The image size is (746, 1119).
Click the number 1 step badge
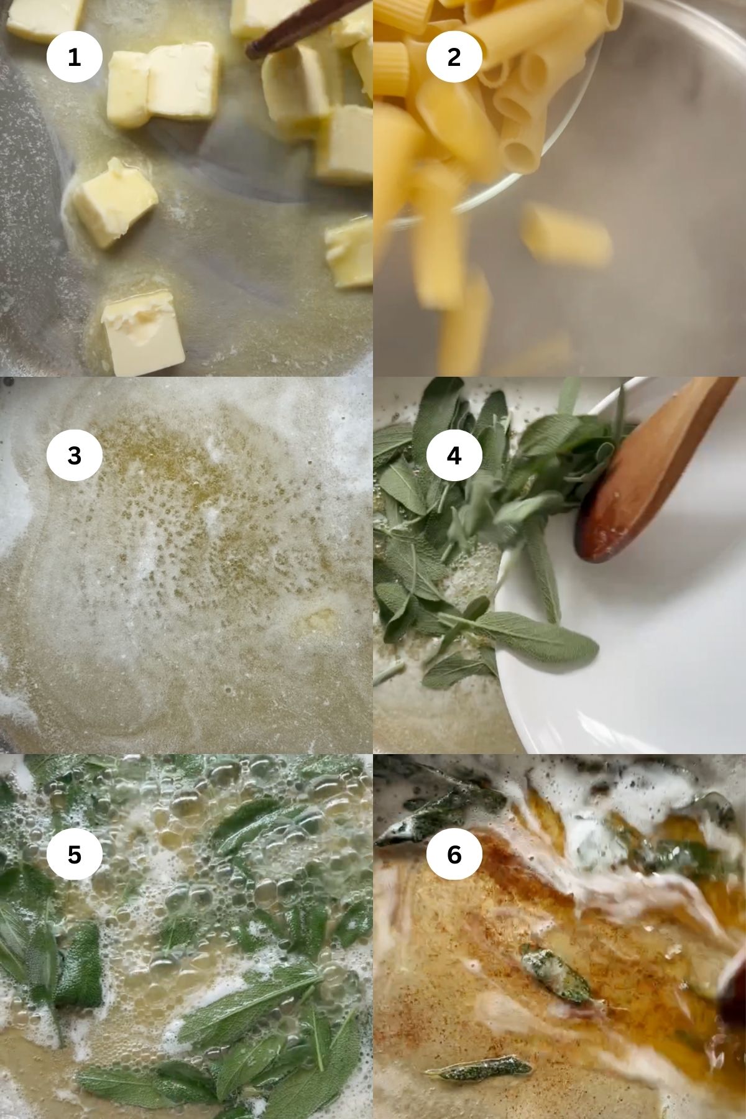[74, 57]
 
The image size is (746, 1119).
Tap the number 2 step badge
[454, 57]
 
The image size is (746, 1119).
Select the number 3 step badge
[74, 456]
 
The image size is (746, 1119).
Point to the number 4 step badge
[454, 456]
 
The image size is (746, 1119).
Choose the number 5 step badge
[74, 855]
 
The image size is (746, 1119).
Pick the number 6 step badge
[454, 855]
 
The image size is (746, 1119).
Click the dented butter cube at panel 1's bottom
[144, 336]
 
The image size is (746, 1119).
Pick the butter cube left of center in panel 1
[114, 202]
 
